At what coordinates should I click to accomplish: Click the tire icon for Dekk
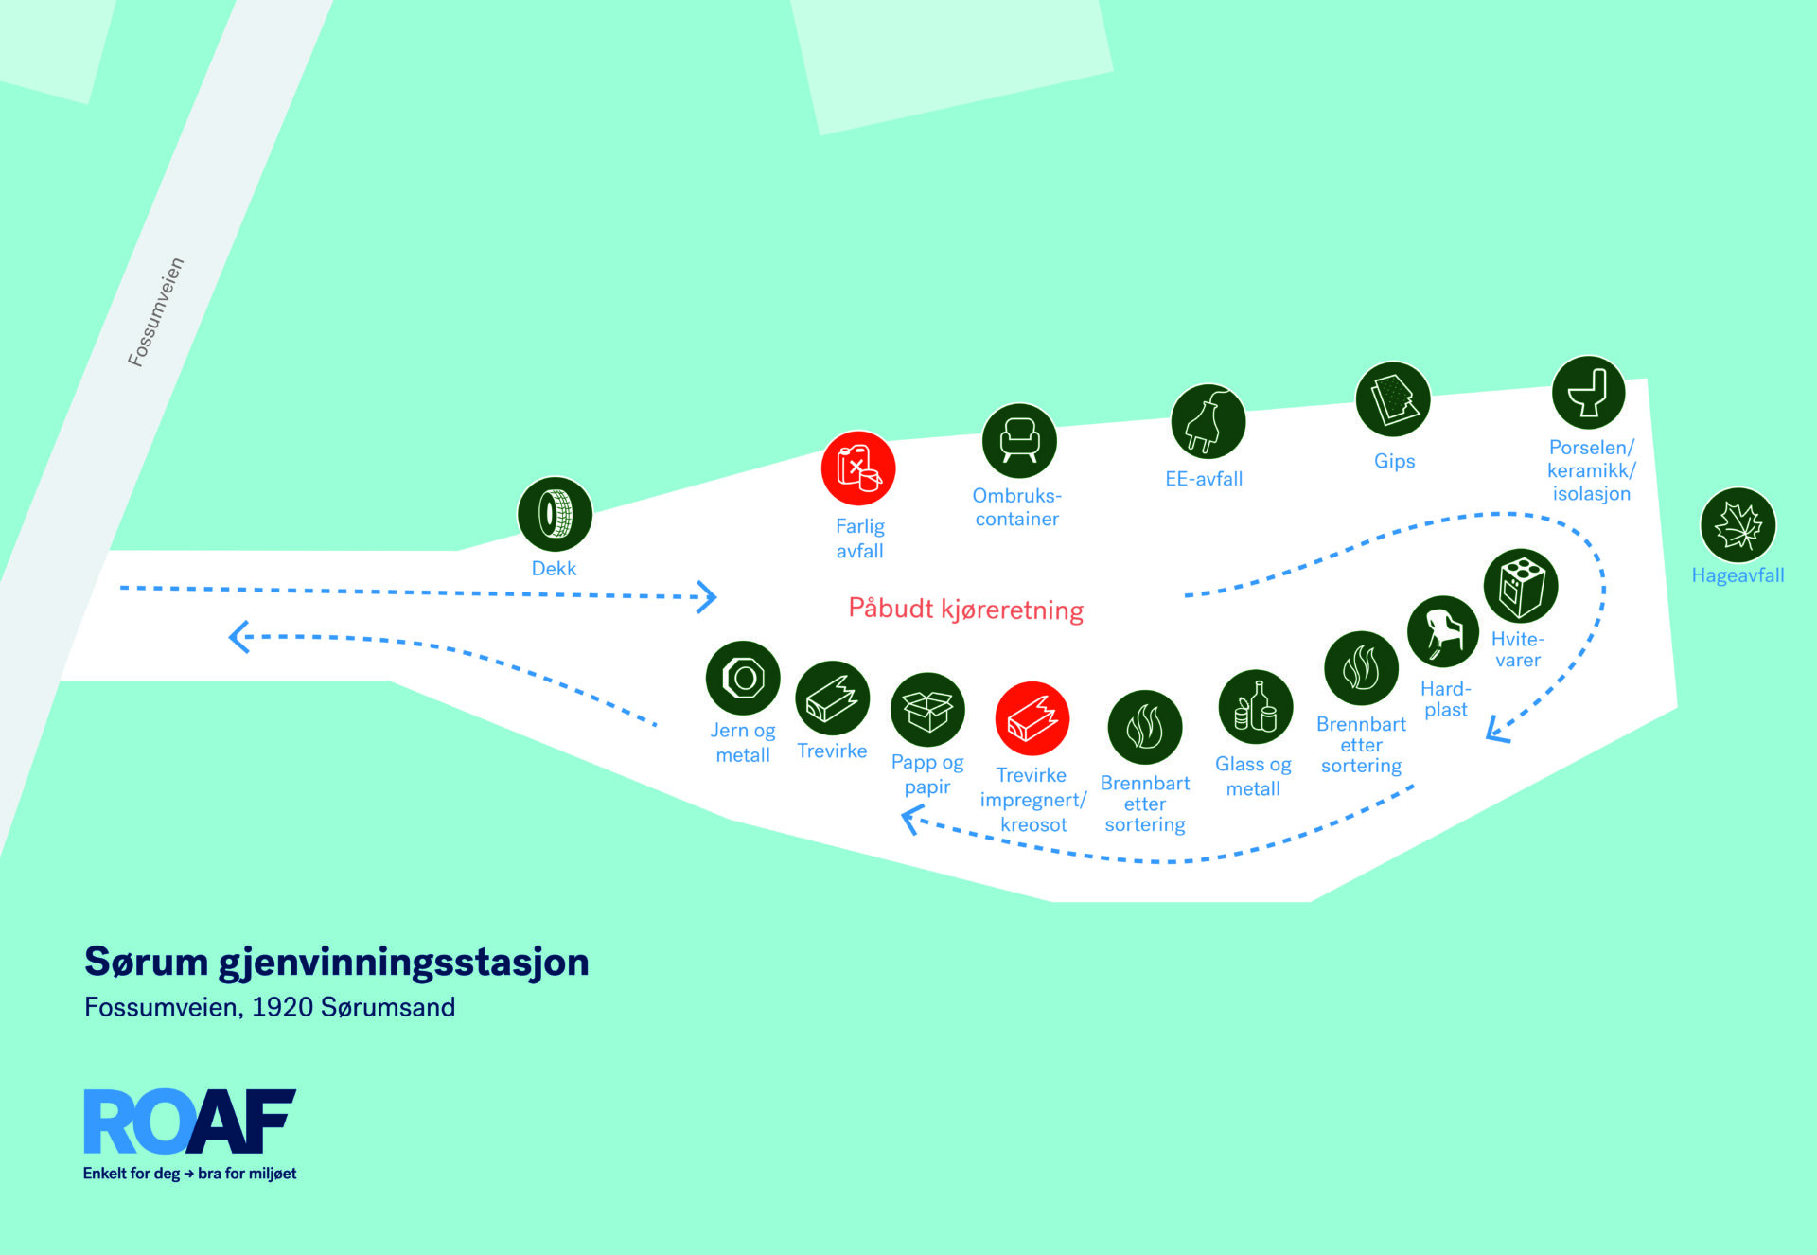(x=555, y=514)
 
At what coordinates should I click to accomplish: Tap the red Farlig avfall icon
(x=858, y=468)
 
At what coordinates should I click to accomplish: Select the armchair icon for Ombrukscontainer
(x=1019, y=441)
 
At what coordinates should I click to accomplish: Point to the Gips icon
(x=1393, y=399)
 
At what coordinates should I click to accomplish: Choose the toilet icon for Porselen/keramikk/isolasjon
(x=1589, y=393)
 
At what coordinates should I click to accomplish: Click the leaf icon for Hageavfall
(x=1738, y=525)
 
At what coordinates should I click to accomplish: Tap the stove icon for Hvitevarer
(x=1521, y=586)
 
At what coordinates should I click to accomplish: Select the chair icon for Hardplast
(x=1443, y=632)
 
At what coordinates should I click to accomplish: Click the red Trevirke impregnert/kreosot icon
(x=1032, y=719)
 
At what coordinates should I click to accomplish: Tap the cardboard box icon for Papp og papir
(x=927, y=710)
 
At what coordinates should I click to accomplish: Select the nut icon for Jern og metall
(x=743, y=679)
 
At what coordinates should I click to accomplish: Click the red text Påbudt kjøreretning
(x=966, y=610)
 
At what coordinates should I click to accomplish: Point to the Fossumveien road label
(x=156, y=312)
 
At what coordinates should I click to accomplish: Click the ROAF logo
(x=190, y=1122)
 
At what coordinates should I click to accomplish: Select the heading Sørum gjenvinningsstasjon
(x=337, y=963)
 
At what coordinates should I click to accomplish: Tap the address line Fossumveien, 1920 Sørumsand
(x=270, y=1007)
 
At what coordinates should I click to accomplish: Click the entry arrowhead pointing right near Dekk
(x=706, y=597)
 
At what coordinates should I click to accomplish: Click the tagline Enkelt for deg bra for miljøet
(x=190, y=1174)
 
